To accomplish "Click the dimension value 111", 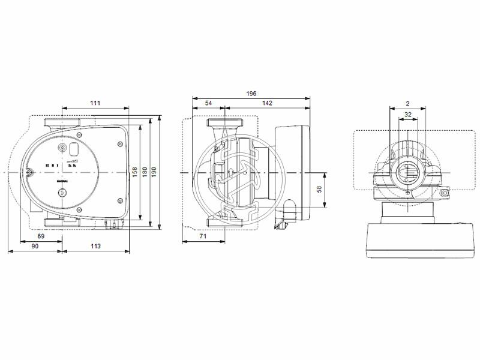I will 95,103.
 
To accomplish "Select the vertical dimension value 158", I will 136,173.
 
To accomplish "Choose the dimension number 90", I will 35,246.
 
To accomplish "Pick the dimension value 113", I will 95,246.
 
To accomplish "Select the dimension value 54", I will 208,103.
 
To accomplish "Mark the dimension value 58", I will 320,189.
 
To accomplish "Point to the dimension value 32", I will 408,114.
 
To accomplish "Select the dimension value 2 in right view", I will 407,103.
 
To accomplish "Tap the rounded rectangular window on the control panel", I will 75,149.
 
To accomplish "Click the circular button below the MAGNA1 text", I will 62,193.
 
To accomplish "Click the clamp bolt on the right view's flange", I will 445,193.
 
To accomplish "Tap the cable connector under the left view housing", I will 112,225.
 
